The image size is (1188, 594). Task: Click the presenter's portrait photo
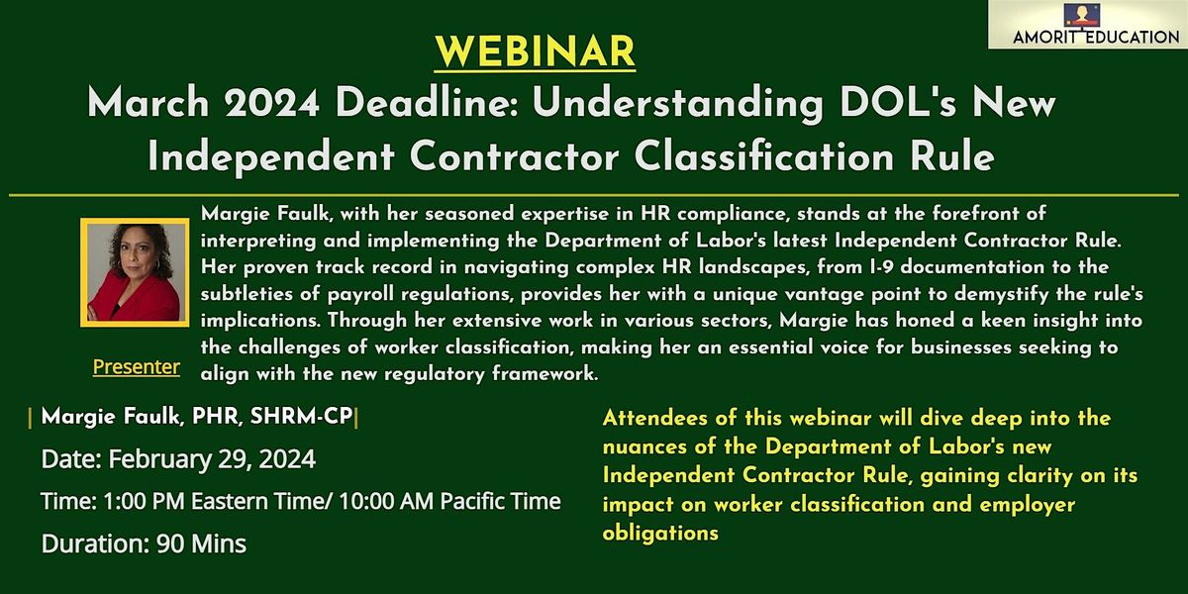click(x=134, y=270)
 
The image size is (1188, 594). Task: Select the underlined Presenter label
click(x=137, y=367)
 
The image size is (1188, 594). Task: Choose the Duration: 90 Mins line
click(x=144, y=543)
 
